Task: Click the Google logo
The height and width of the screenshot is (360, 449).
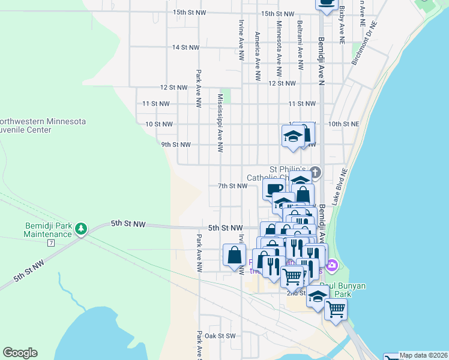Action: coord(20,353)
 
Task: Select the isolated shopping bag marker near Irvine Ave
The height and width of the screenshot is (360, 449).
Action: coord(234,255)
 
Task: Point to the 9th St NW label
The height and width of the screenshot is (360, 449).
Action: coord(176,145)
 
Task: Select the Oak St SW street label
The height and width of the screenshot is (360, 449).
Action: coord(219,336)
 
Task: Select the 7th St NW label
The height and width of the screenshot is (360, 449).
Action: coord(233,186)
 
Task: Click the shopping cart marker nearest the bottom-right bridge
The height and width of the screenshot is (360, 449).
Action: coord(336,309)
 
